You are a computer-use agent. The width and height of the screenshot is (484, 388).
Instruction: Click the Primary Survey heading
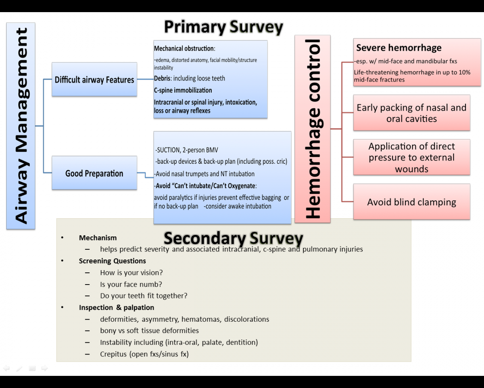[x=223, y=27]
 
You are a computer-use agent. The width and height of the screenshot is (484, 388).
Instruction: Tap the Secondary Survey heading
[x=233, y=238]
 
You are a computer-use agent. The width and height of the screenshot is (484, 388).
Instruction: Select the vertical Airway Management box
[x=21, y=126]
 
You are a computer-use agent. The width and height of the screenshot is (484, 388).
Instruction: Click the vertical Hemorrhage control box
[x=313, y=129]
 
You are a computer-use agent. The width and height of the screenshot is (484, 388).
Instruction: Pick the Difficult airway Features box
[x=94, y=80]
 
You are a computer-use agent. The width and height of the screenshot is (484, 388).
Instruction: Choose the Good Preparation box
[x=94, y=174]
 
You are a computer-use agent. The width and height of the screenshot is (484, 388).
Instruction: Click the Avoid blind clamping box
[x=411, y=202]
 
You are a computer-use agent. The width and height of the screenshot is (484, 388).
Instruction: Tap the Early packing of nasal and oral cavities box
[x=411, y=113]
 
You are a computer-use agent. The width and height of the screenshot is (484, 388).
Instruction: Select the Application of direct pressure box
[x=411, y=157]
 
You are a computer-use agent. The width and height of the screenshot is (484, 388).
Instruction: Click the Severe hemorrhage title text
[x=398, y=48]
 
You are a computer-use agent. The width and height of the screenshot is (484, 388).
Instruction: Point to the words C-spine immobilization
[x=183, y=90]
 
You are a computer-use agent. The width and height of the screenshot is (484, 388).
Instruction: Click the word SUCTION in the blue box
[x=168, y=150]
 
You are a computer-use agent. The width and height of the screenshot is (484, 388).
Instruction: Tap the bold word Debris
[x=162, y=78]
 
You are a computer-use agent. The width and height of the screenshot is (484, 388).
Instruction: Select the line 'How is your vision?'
[x=131, y=273]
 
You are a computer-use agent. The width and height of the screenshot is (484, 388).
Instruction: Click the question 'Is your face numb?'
[x=131, y=285]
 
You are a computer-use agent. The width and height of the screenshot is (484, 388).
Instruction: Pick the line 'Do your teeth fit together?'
[x=144, y=296]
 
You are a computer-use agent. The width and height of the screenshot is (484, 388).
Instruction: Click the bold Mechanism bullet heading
[x=98, y=238]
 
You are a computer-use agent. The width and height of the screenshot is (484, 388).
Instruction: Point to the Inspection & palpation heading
[x=117, y=308]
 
